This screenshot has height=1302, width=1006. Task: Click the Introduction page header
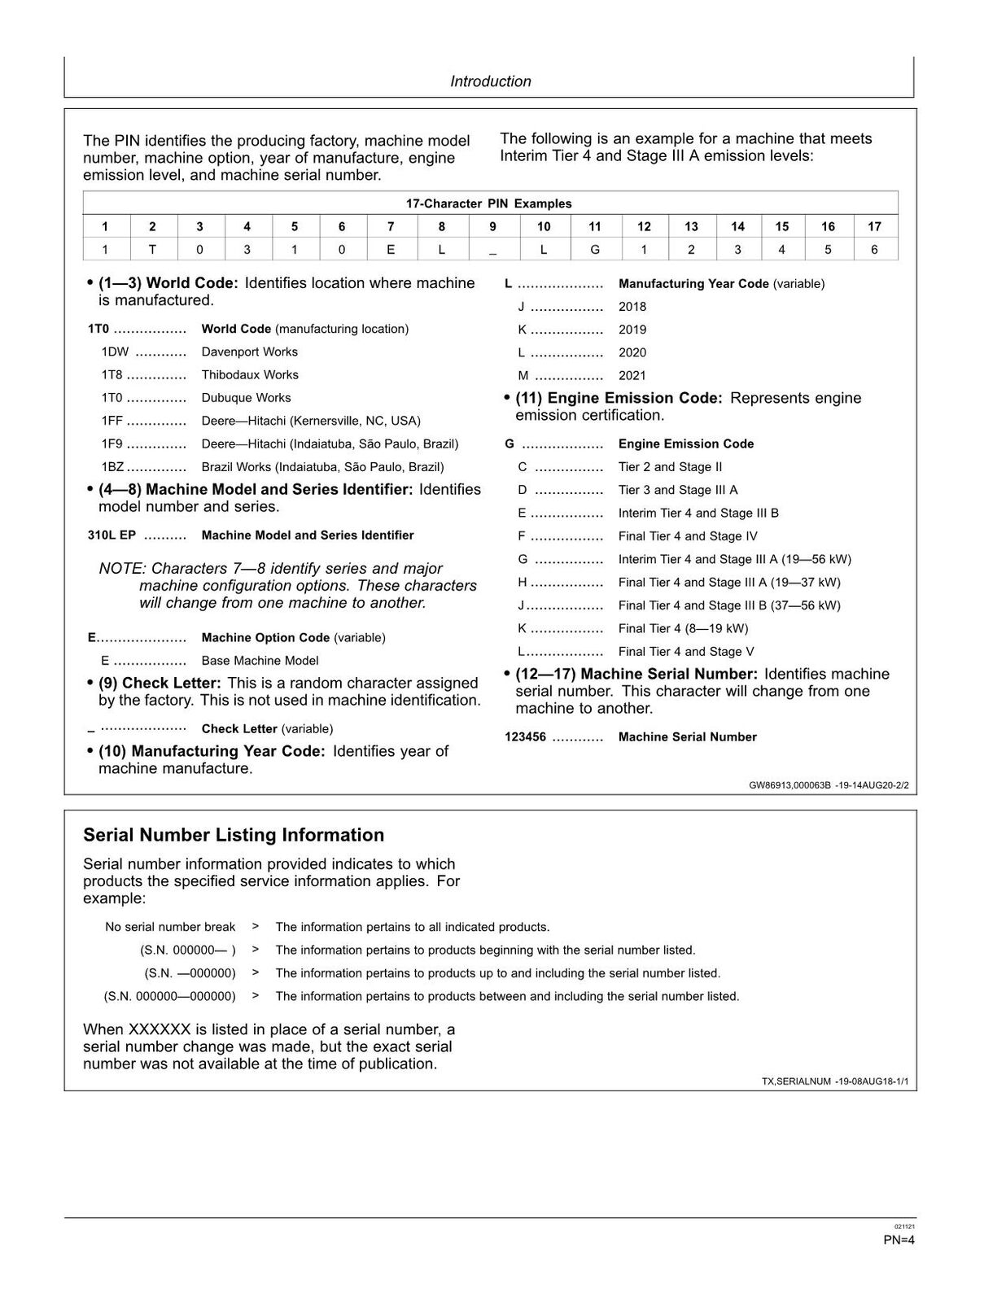pyautogui.click(x=490, y=81)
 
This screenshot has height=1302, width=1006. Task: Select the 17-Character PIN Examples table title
pyautogui.click(x=488, y=203)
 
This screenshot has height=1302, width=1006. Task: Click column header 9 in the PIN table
pyautogui.click(x=492, y=227)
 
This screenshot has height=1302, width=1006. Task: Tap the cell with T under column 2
pyautogui.click(x=152, y=250)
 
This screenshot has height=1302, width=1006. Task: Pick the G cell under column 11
pyautogui.click(x=595, y=250)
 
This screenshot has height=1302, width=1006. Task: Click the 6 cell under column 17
pyautogui.click(x=874, y=250)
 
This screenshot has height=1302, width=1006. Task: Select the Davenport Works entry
pyautogui.click(x=249, y=352)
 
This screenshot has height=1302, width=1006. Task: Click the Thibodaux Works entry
pyautogui.click(x=250, y=375)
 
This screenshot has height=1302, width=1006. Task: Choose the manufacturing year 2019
pyautogui.click(x=632, y=330)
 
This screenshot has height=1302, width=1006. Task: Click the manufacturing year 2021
pyautogui.click(x=632, y=375)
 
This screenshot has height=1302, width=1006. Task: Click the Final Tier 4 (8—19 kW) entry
pyautogui.click(x=683, y=628)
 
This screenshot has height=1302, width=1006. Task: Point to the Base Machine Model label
pyautogui.click(x=260, y=661)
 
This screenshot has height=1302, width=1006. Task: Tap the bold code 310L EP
pyautogui.click(x=112, y=535)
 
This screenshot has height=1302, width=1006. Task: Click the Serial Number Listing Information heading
pyautogui.click(x=234, y=835)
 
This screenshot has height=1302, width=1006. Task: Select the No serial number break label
pyautogui.click(x=170, y=927)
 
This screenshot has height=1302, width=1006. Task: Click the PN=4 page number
pyautogui.click(x=899, y=1240)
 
